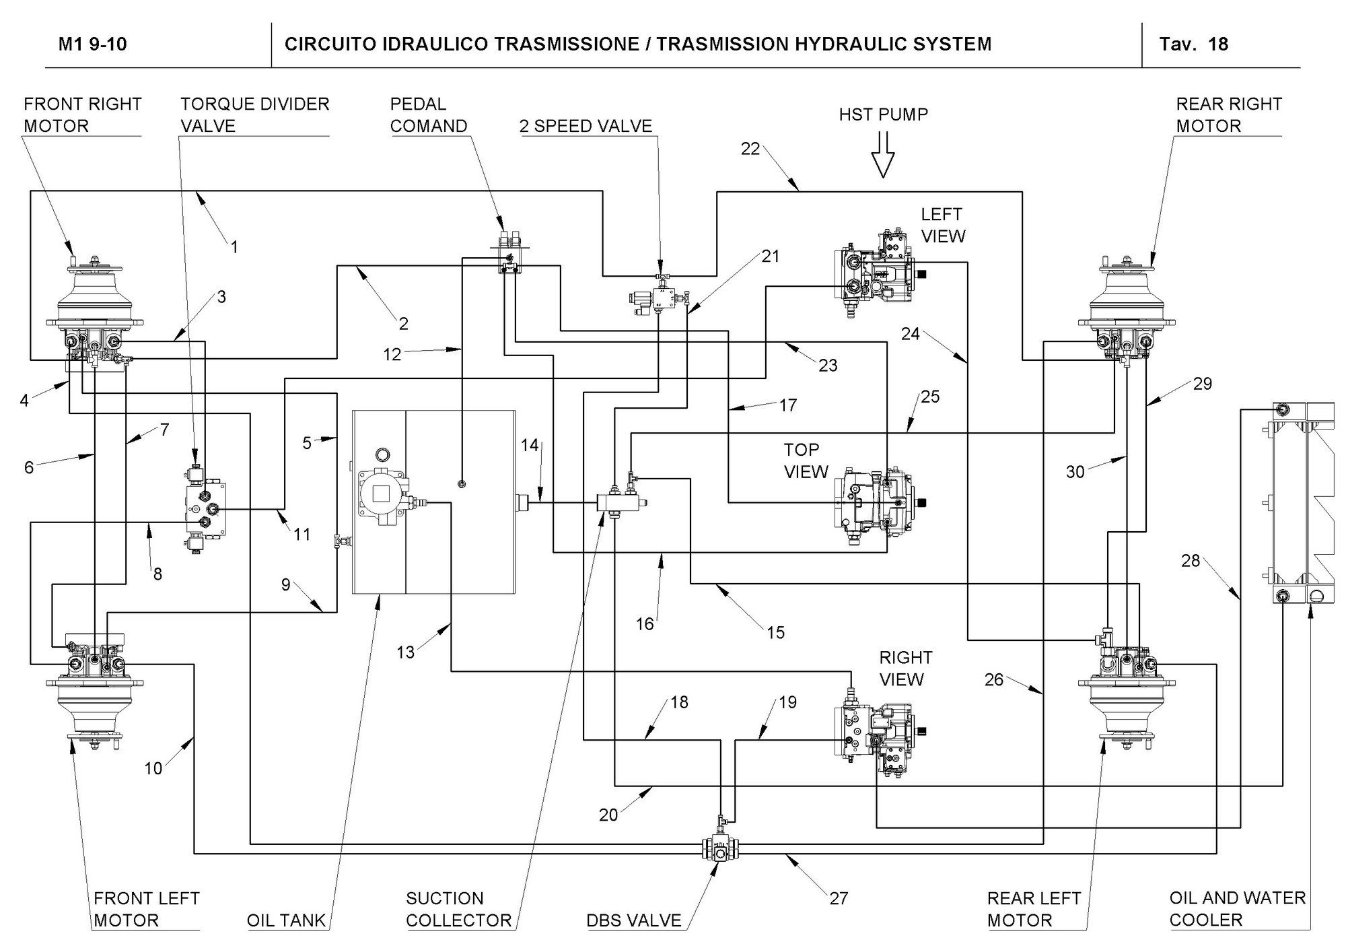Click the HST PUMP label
(x=883, y=114)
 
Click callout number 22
(x=750, y=149)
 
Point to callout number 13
(x=405, y=652)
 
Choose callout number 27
(x=839, y=898)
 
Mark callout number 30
(x=1075, y=472)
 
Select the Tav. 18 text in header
(x=1193, y=44)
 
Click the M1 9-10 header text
(x=92, y=44)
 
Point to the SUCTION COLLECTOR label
(x=458, y=909)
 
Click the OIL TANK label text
(x=286, y=920)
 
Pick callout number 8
(x=157, y=574)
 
